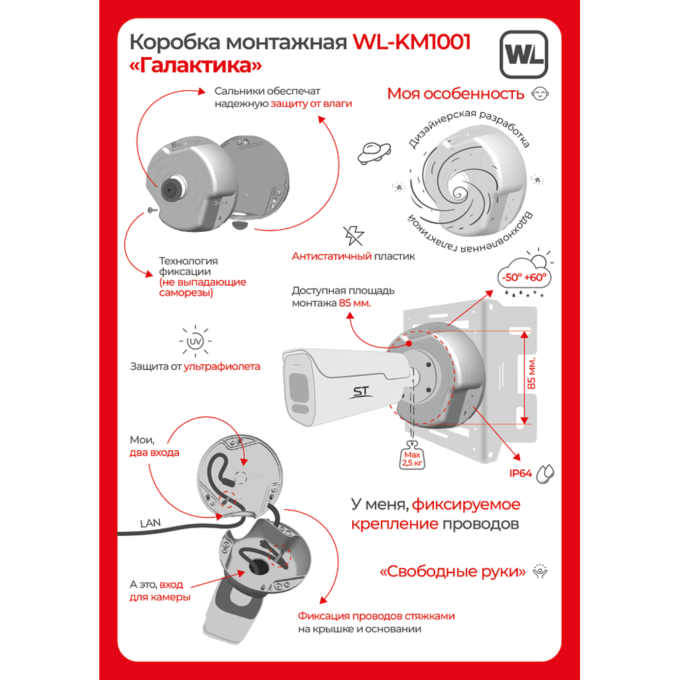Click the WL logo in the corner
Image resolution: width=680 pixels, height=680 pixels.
point(524,54)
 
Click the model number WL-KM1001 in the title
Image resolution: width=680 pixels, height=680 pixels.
point(411,42)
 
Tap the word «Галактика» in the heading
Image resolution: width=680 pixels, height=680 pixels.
point(196,65)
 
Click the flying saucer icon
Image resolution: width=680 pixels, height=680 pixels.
point(374,152)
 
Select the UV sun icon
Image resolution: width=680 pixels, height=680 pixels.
point(195,341)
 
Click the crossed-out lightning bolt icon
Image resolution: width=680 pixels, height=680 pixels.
point(354,236)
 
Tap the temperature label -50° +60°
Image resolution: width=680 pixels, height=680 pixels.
point(524,277)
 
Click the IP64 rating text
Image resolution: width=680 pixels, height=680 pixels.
point(520,473)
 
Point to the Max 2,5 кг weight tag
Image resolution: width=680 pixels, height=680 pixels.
point(412,456)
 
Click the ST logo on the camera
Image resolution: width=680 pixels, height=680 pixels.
point(361,392)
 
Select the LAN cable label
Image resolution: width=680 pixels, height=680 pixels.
point(150,524)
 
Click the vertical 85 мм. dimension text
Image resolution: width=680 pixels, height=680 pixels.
point(532,373)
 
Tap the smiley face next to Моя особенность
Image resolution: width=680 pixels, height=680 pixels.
point(540,94)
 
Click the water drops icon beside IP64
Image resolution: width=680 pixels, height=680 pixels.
point(545,473)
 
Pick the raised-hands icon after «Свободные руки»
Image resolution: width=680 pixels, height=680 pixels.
point(540,571)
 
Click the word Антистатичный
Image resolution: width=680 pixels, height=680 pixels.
point(332,256)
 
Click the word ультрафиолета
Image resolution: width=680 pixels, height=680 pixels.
point(222,367)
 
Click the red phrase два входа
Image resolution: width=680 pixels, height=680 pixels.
point(154,453)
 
